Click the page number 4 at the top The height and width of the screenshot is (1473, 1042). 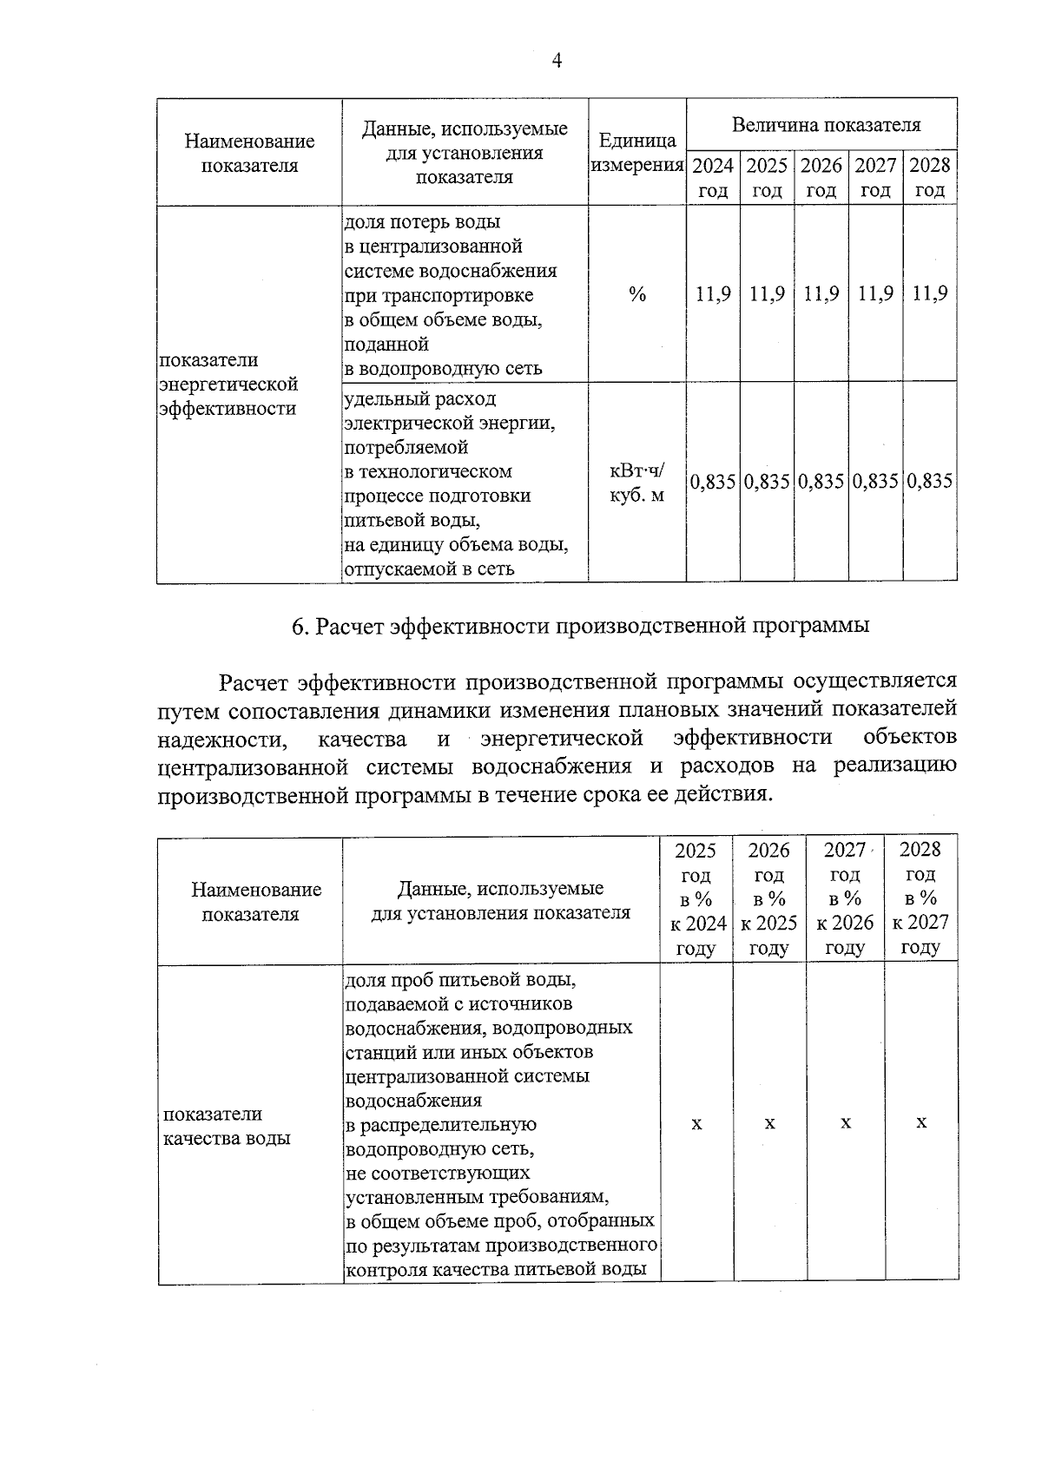click(557, 60)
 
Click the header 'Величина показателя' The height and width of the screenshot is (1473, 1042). click(825, 125)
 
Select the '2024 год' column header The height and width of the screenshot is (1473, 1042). click(713, 178)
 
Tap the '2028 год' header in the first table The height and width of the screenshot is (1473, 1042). click(929, 178)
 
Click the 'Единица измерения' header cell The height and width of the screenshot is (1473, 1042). click(637, 153)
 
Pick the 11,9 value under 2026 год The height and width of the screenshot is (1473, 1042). click(821, 293)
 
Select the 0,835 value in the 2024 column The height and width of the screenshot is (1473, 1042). click(713, 481)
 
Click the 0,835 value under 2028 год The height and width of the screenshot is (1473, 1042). click(929, 481)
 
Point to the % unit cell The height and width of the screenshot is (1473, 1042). click(637, 295)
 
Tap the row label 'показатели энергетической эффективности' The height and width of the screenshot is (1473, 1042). click(228, 384)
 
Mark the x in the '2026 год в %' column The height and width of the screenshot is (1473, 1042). click(769, 1123)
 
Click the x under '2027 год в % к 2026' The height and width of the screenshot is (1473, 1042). click(845, 1123)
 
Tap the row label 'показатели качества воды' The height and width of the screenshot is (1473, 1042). click(226, 1126)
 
